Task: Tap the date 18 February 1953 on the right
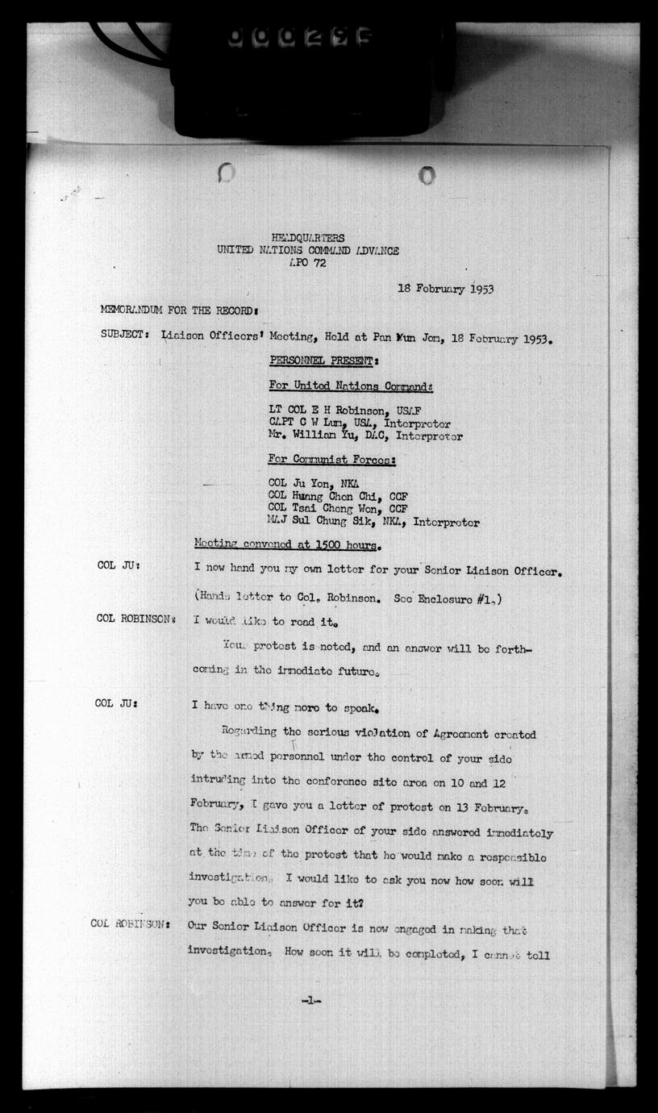tap(446, 289)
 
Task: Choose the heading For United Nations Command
tap(351, 386)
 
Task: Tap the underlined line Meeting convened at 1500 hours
tap(286, 546)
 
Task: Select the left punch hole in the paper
tap(226, 173)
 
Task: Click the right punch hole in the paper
tap(427, 174)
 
